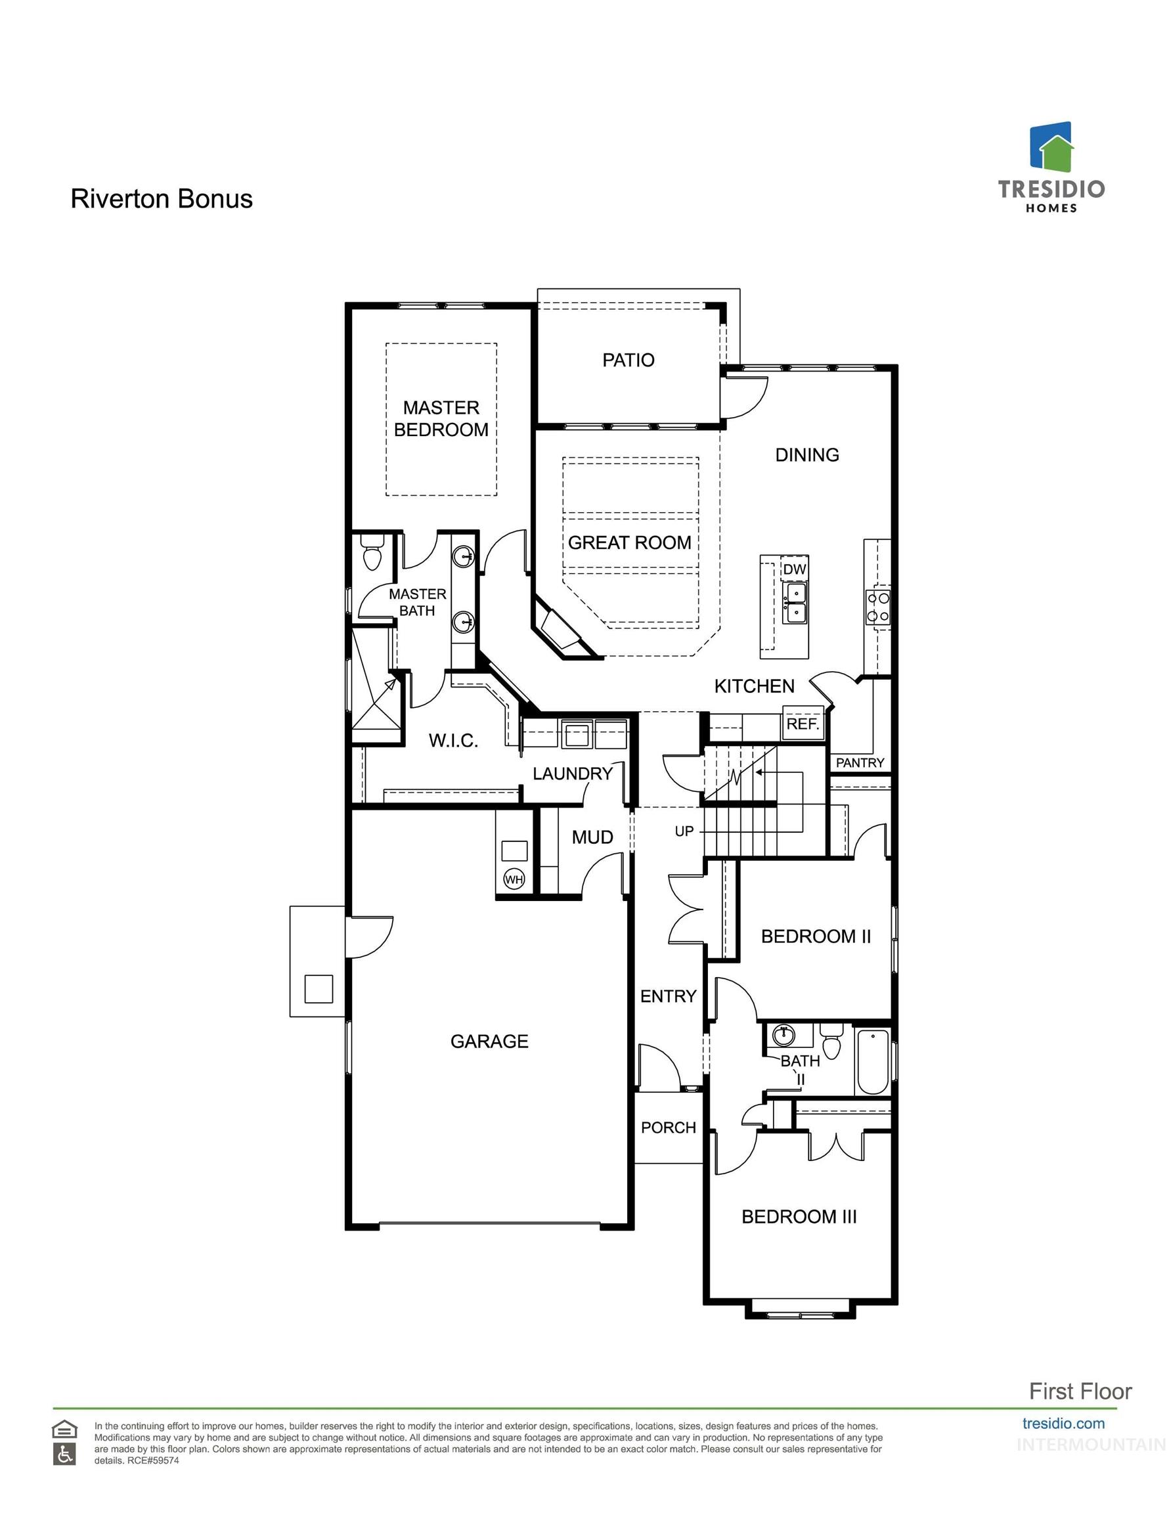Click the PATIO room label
coord(628,361)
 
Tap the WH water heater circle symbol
coord(514,880)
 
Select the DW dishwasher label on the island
coord(794,569)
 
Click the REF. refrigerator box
coord(803,724)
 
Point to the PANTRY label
coord(859,762)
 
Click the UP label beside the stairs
coord(684,831)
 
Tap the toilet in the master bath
coord(372,555)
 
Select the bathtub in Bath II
coord(872,1062)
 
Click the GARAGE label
coord(489,1042)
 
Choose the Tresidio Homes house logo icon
coord(1051,147)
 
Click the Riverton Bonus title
coord(162,199)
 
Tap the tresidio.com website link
coord(1063,1424)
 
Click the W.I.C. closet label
coord(453,741)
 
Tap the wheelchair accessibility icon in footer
coord(64,1455)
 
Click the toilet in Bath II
coord(831,1043)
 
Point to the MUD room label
coord(592,837)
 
